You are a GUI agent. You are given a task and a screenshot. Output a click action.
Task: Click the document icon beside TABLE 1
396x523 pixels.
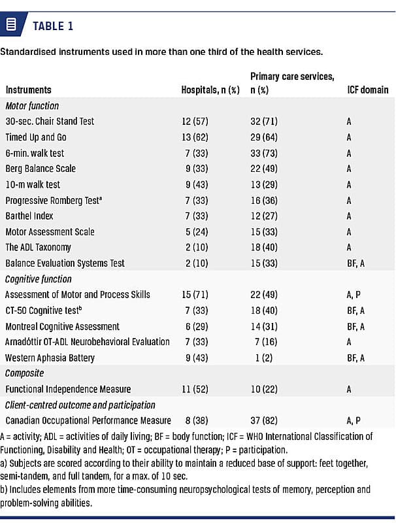10,25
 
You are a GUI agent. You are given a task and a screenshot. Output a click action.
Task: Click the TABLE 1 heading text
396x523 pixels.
53,26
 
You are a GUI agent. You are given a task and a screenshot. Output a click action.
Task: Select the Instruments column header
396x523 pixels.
28,90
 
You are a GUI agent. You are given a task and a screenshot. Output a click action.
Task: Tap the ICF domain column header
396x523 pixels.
368,90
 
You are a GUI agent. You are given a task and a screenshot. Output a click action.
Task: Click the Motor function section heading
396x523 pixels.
32,105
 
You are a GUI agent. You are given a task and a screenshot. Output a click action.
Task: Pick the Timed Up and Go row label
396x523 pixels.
36,137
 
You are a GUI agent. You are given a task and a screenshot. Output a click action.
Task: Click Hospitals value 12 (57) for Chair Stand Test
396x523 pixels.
195,122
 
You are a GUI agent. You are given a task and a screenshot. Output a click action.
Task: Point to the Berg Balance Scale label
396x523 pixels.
40,169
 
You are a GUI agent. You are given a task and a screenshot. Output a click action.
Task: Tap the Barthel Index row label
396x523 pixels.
29,216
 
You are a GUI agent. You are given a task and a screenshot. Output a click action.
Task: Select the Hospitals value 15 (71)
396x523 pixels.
195,295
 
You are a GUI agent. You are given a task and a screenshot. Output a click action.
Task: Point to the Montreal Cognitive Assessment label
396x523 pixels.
63,326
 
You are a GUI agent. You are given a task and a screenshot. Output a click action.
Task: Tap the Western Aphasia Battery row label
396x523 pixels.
50,358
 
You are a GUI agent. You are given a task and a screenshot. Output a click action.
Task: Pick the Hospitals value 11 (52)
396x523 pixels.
195,389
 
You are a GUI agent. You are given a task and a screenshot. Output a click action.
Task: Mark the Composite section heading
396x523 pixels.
25,373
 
